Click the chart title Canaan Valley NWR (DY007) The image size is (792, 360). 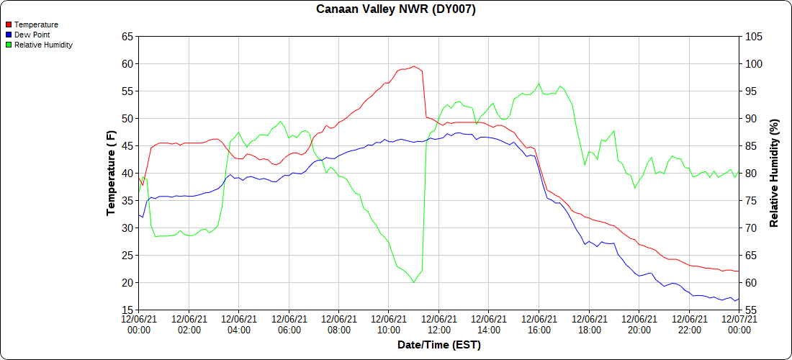[x=396, y=9]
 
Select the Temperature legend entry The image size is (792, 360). [x=36, y=24]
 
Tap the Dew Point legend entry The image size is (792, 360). [x=32, y=35]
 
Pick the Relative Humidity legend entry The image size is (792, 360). [x=43, y=45]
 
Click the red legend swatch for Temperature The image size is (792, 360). [x=9, y=24]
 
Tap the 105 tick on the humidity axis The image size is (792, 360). [x=753, y=36]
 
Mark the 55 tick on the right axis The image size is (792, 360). [x=751, y=310]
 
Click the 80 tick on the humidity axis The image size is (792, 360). [x=751, y=173]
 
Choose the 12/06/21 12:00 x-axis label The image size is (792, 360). [x=438, y=324]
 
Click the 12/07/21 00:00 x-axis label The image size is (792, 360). [x=739, y=324]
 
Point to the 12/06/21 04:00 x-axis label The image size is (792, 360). [x=238, y=324]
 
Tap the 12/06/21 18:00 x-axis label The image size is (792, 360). [x=589, y=324]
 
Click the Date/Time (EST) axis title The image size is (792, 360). [x=438, y=345]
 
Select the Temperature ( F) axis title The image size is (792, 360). [x=111, y=173]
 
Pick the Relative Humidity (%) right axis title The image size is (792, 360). [x=775, y=173]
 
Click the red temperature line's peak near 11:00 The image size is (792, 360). [x=413, y=66]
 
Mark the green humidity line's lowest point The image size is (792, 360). [x=413, y=282]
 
